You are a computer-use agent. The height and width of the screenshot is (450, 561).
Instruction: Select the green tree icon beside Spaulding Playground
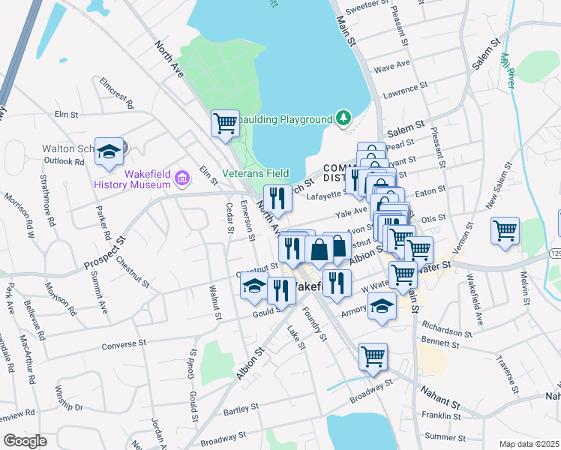pos(343,118)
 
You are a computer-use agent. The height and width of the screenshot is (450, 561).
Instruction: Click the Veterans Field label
pos(256,173)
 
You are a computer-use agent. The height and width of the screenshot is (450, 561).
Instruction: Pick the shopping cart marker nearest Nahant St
pos(373,357)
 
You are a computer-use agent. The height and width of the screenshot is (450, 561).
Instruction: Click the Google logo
pos(25,441)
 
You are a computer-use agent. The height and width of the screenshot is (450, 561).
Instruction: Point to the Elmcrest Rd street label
pos(115,99)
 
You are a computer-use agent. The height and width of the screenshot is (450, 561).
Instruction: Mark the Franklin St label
pos(440,415)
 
